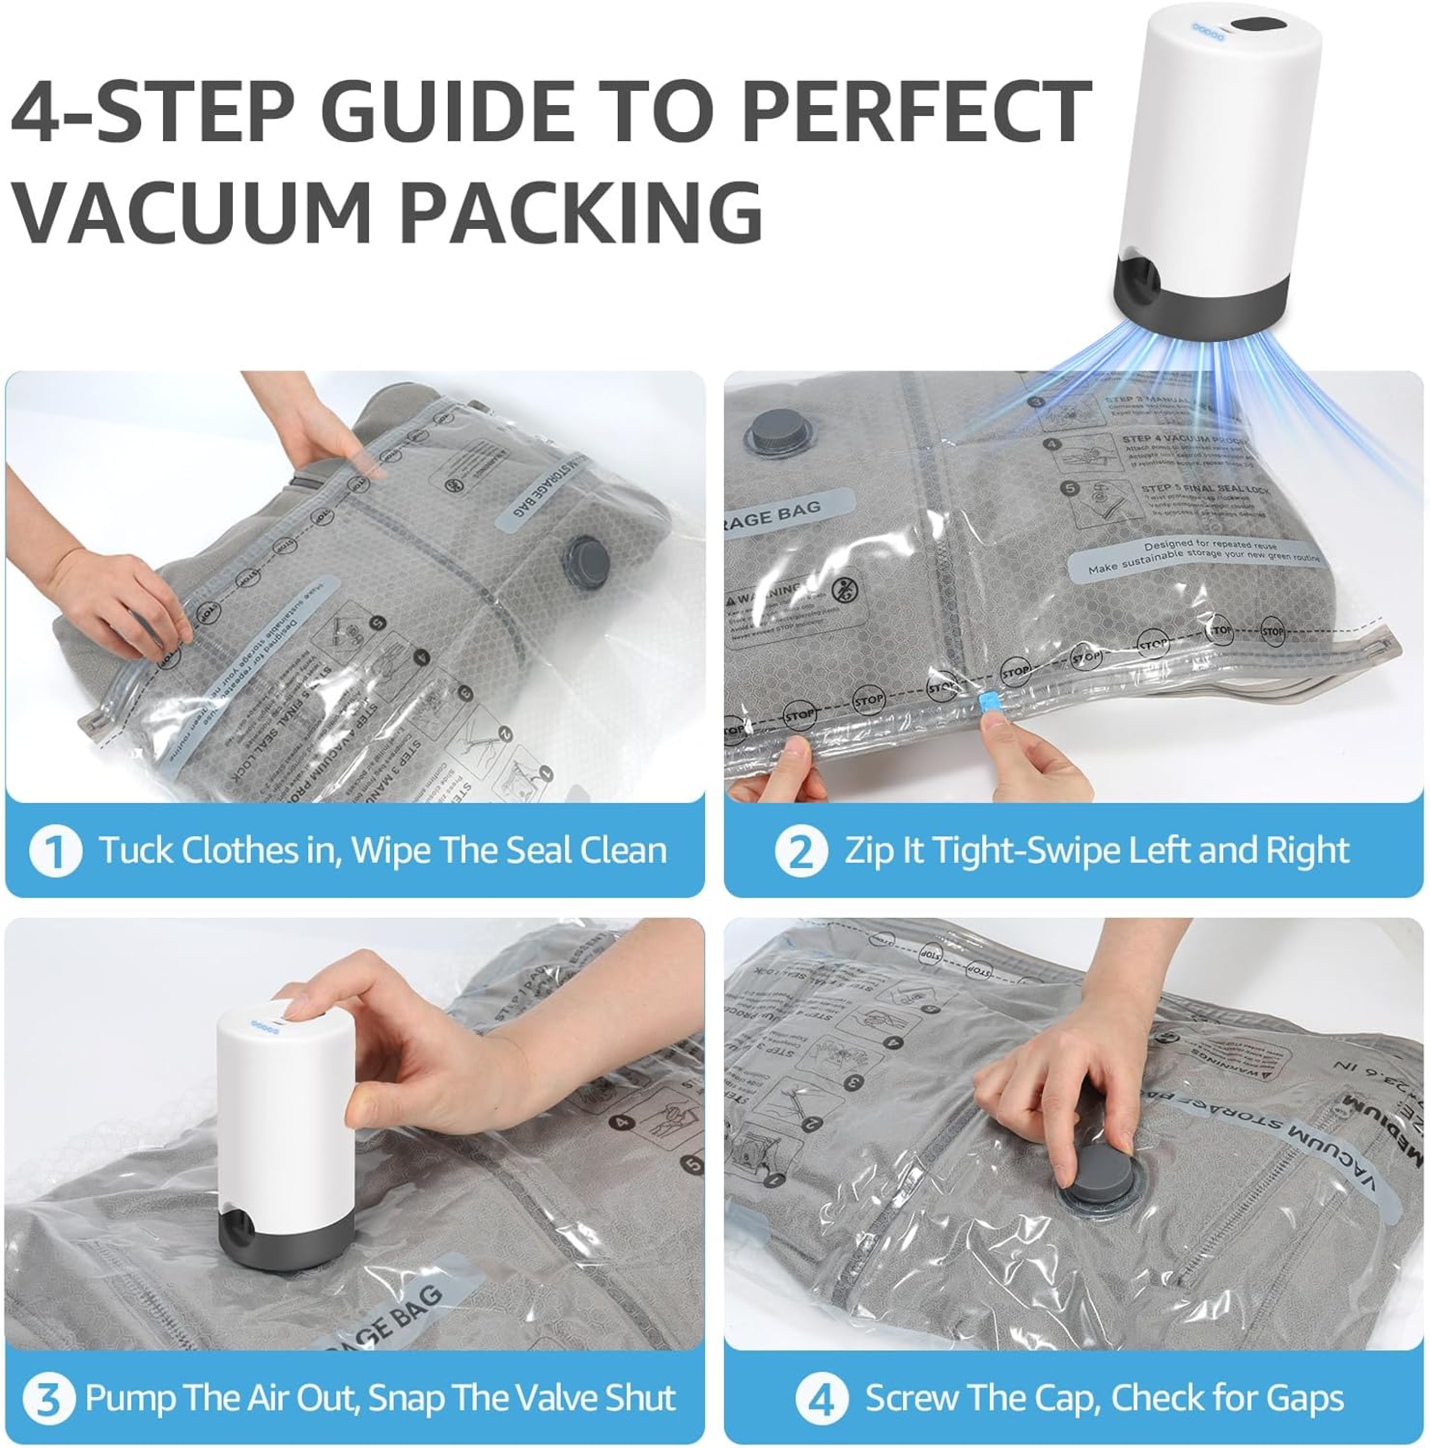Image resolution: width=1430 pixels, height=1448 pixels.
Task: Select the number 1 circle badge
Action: coord(54,851)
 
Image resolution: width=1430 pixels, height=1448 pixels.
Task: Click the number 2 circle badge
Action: coord(800,851)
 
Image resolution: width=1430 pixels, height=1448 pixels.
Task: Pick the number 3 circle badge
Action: coord(48,1399)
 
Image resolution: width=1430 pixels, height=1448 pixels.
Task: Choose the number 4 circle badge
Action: coord(822,1399)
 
